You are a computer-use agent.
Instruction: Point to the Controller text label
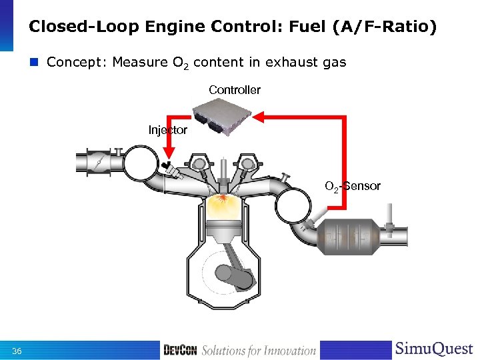pos(235,89)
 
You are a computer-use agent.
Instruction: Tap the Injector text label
pos(167,130)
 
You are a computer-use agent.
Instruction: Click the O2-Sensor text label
pos(353,186)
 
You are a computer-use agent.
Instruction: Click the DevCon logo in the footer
pos(180,351)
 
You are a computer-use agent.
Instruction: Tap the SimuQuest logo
pos(433,349)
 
